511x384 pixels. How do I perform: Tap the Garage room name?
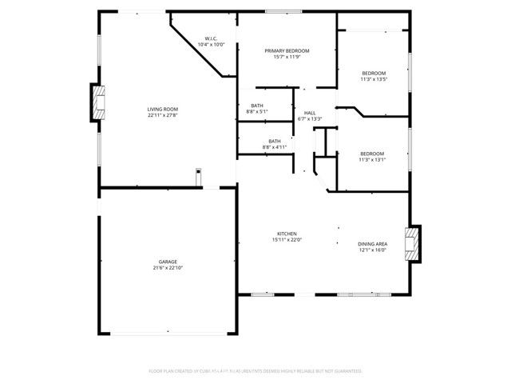point(167,262)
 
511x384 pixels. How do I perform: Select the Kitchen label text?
point(287,234)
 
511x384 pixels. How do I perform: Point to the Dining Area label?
point(372,243)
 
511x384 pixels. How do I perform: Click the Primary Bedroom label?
point(287,50)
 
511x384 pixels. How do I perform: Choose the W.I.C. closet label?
point(212,38)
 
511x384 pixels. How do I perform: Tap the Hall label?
point(309,113)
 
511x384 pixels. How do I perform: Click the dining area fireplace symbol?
point(412,243)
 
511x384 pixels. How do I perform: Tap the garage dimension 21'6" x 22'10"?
point(167,268)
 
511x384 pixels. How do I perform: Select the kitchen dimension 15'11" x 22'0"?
point(287,240)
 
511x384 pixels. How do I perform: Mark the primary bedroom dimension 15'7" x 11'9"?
point(287,57)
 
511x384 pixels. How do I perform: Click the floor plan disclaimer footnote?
point(255,371)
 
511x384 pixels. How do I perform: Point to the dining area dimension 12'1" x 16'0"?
point(372,250)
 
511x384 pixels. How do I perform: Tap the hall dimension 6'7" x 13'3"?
point(309,119)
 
